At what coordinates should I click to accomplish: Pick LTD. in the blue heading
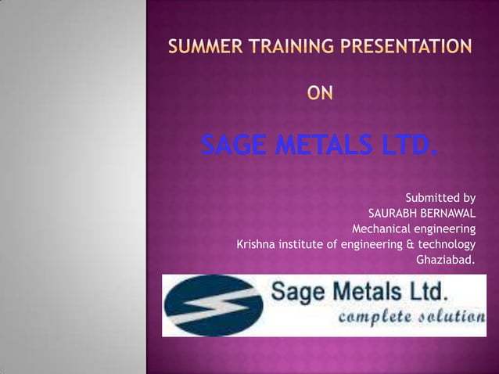coord(403,146)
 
